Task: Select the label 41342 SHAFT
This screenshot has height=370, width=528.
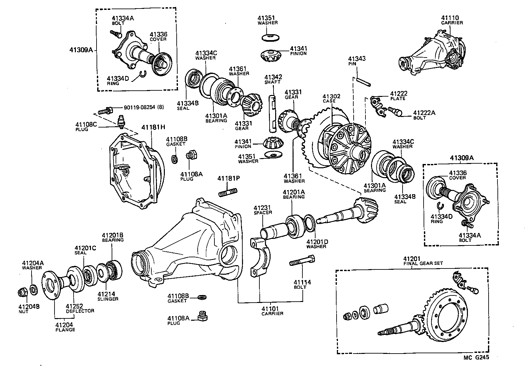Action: pos(273,80)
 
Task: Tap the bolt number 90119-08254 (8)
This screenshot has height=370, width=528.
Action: pos(143,107)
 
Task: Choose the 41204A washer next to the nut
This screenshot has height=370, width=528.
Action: pos(33,289)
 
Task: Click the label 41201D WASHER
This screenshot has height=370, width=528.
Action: pos(317,244)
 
